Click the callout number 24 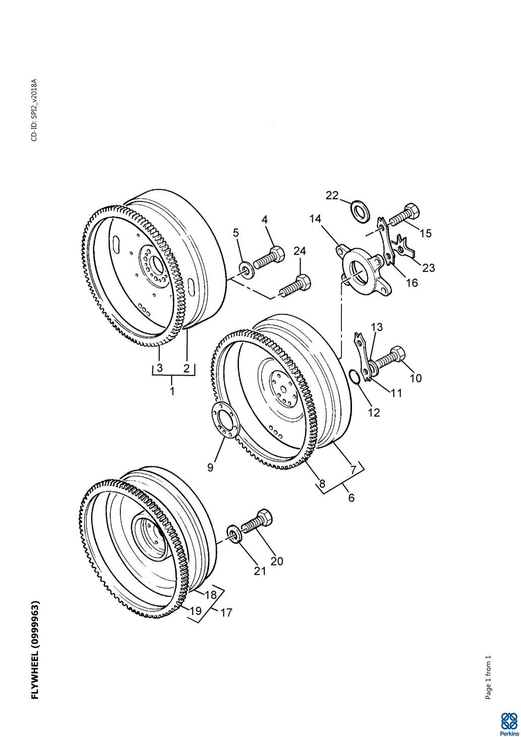299,251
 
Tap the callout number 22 332,195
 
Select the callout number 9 210,467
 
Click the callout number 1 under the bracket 172,391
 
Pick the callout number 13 377,327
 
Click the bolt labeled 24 295,286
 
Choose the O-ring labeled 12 355,376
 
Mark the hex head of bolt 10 398,354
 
